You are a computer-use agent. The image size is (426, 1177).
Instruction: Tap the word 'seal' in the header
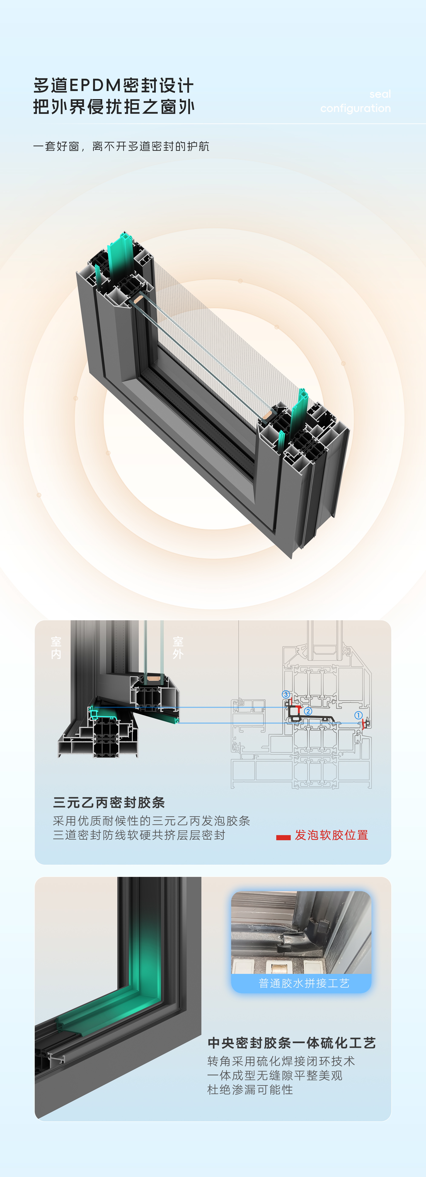coord(380,94)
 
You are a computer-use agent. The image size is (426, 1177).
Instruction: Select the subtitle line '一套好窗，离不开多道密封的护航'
coord(121,146)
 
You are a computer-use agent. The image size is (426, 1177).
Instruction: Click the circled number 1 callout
coord(358,715)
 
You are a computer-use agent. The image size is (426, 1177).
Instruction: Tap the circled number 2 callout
coord(308,711)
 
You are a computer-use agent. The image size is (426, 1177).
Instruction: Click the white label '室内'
coord(56,648)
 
